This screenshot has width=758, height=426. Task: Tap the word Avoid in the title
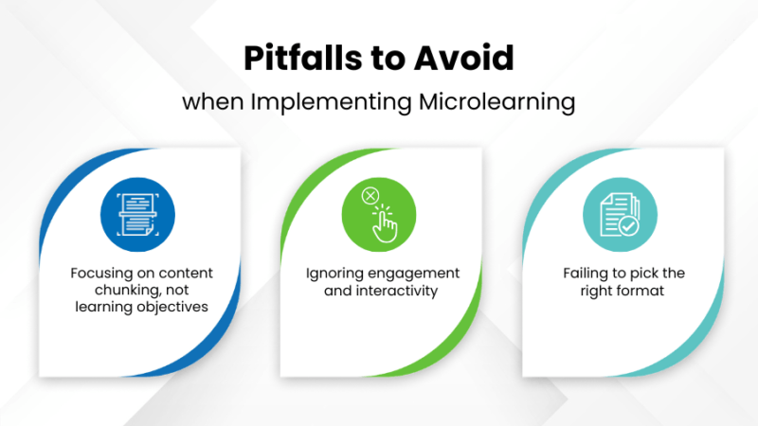coord(466,60)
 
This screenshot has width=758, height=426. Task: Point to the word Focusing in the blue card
coord(99,274)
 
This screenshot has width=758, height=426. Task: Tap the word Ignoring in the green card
coord(334,274)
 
